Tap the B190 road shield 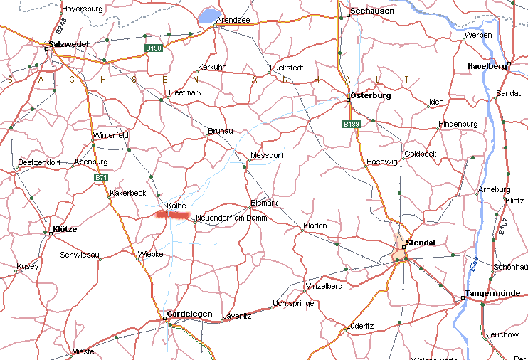pos(153,48)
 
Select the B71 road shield pos(101,177)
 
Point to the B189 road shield pos(351,124)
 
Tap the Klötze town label pos(65,230)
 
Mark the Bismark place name pos(264,203)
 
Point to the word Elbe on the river pos(475,265)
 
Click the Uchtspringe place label pos(292,304)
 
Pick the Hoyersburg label pos(83,9)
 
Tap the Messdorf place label pos(267,155)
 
